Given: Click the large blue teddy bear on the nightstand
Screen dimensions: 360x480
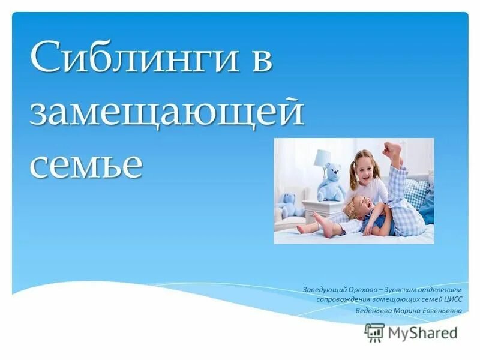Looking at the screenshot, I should [331, 182].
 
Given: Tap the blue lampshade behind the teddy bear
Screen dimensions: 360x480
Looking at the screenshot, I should [323, 158].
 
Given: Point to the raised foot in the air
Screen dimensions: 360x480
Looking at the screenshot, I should [393, 151].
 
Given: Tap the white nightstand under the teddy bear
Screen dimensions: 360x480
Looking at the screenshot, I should [321, 210].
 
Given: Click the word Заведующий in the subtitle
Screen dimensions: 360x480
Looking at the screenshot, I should [323, 290].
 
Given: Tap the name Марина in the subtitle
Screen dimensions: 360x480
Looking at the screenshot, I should [409, 310].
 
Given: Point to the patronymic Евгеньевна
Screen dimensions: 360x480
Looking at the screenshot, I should [444, 310].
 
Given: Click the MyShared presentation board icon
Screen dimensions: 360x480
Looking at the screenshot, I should [374, 332].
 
